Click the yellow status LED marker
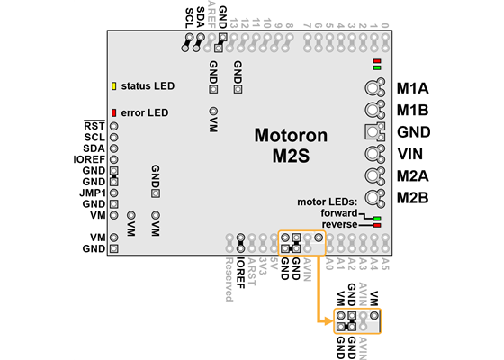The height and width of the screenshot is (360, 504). point(114,86)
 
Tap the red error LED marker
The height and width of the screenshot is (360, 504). point(114,112)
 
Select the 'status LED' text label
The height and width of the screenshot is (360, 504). point(148,86)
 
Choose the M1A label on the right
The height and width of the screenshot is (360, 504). point(412,89)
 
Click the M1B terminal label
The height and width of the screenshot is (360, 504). point(412,111)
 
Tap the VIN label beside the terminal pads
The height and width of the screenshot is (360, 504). point(410,154)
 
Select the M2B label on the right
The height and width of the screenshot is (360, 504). point(412,197)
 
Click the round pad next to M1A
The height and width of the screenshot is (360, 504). point(372,88)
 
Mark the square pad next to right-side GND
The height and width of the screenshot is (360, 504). point(372,131)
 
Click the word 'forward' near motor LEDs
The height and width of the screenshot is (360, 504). point(339,212)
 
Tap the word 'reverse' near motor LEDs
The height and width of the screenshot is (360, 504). point(339,223)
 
